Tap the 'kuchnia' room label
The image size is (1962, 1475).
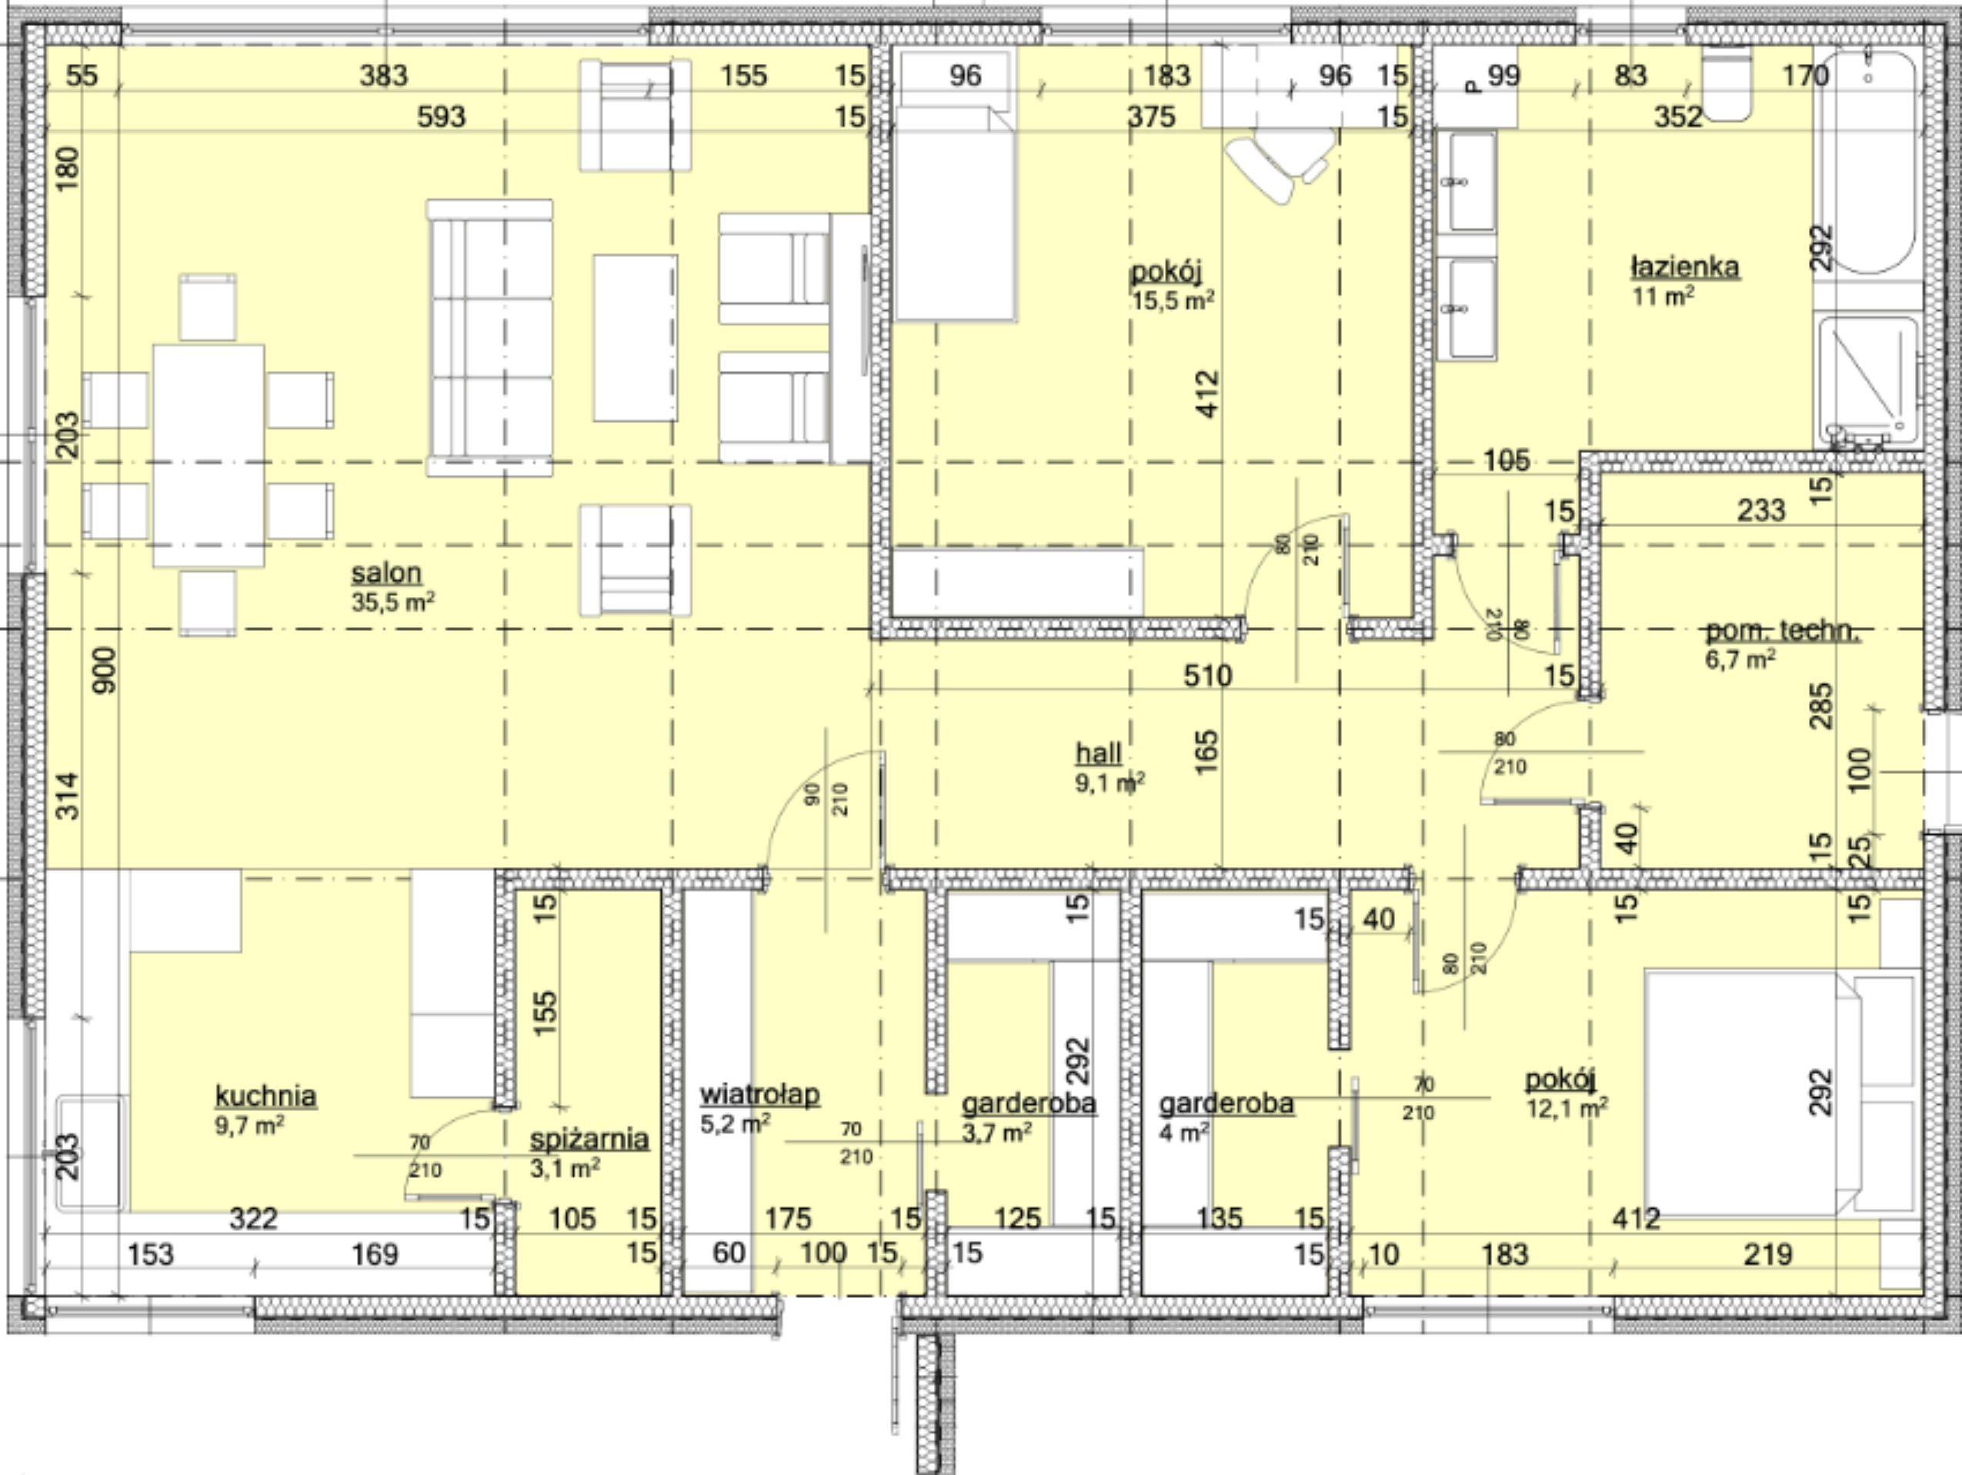tap(265, 1096)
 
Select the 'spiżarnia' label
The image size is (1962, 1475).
tap(590, 1139)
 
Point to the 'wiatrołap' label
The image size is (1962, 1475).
tap(759, 1094)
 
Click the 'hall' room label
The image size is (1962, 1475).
tap(1098, 753)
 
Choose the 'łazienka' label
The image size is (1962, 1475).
tap(1684, 266)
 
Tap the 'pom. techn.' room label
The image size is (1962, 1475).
tap(1781, 631)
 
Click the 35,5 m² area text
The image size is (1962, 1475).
tap(393, 602)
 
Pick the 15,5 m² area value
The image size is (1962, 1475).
tap(1173, 301)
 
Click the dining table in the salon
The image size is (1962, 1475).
tap(209, 455)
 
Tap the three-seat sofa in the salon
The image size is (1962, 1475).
tap(489, 338)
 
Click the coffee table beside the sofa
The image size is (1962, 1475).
tap(635, 338)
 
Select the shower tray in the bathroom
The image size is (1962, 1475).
tap(1867, 383)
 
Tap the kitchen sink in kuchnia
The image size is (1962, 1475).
tap(92, 1151)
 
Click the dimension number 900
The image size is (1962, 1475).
tap(104, 670)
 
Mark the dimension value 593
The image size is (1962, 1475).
tap(441, 116)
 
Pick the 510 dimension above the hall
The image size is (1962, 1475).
tap(1207, 676)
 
